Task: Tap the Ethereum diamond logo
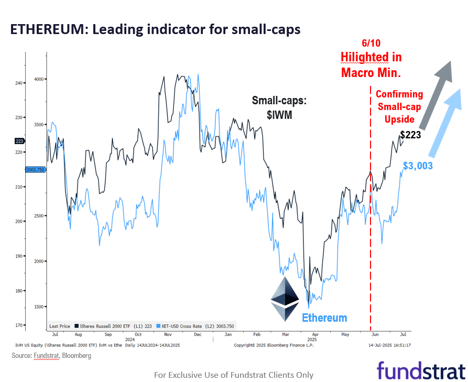[x=285, y=299]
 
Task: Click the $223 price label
[x=410, y=135]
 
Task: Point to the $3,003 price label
[x=418, y=166]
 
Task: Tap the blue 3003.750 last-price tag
[x=36, y=169]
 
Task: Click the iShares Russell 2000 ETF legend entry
[x=113, y=326]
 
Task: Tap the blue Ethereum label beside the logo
[x=324, y=318]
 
